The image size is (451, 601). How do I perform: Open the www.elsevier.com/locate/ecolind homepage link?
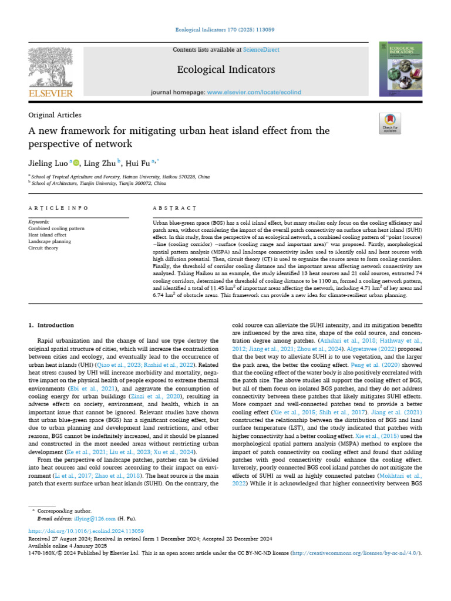pos(253,93)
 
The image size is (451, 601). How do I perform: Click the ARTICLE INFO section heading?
pos(59,208)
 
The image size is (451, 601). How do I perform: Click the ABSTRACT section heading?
pos(174,208)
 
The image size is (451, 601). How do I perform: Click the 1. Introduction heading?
pos(52,325)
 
